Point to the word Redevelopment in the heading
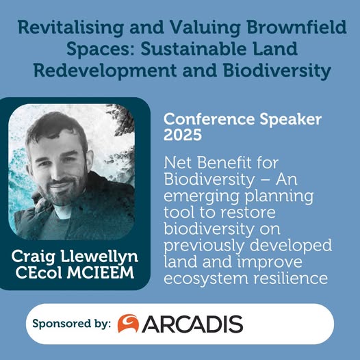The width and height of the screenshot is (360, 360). pos(105,71)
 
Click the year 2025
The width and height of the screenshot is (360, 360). pos(183,135)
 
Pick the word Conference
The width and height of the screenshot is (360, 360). pos(209,119)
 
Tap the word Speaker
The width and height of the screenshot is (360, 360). pos(291,120)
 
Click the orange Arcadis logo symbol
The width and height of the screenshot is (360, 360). pos(128,323)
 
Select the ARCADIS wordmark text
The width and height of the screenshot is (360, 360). pos(192,324)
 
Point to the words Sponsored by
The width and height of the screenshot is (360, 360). pos(72,324)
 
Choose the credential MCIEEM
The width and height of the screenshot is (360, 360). pos(100,272)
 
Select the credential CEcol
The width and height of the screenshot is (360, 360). pos(39,272)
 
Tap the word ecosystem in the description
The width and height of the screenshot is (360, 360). pos(206,279)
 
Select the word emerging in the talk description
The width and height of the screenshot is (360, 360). pos(202,196)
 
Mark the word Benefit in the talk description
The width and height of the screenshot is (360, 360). pos(224,163)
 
